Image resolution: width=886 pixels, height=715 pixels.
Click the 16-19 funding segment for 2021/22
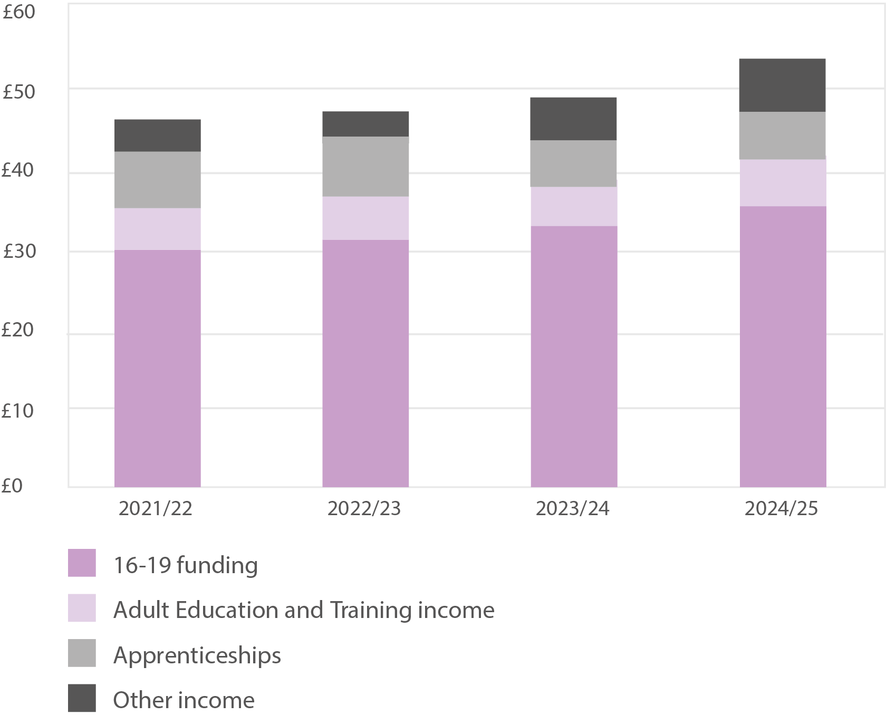157,368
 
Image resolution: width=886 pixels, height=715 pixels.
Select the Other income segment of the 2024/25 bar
782,85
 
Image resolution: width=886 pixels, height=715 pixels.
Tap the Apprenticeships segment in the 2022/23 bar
365,167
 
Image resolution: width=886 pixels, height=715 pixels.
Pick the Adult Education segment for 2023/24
574,206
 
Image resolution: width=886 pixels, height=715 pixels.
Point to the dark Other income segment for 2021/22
157,136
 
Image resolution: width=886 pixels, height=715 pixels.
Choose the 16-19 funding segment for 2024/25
783,346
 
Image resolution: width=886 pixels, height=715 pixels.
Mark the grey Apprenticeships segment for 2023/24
573,163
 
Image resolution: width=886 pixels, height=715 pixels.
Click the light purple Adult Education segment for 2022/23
365,218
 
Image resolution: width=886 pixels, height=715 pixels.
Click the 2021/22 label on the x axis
155,509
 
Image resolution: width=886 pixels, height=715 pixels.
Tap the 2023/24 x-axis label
572,509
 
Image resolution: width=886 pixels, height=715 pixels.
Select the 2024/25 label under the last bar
781,509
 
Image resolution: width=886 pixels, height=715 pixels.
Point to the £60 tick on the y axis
19,12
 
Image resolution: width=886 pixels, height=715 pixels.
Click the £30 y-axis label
20,251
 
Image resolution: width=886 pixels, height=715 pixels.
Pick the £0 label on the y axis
12,486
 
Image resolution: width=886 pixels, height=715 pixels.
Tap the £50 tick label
19,92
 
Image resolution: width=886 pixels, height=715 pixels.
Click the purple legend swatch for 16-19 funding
82,563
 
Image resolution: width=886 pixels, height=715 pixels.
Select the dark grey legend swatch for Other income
82,698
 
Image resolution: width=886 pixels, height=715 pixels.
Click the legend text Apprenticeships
197,655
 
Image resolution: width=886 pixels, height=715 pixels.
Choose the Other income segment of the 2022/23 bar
365,124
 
